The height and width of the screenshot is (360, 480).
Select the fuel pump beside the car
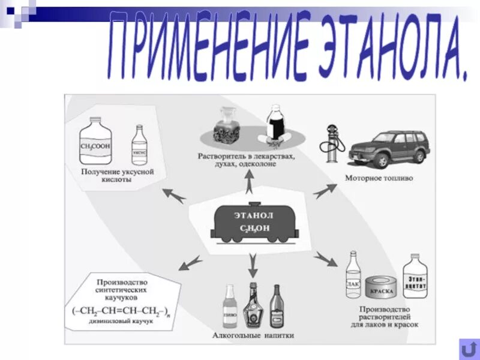[332, 147]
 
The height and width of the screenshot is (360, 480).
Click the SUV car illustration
[389, 149]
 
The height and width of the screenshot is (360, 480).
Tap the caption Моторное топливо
[379, 178]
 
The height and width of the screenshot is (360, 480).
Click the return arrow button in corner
[467, 348]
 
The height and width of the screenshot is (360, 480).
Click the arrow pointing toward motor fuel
[325, 191]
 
